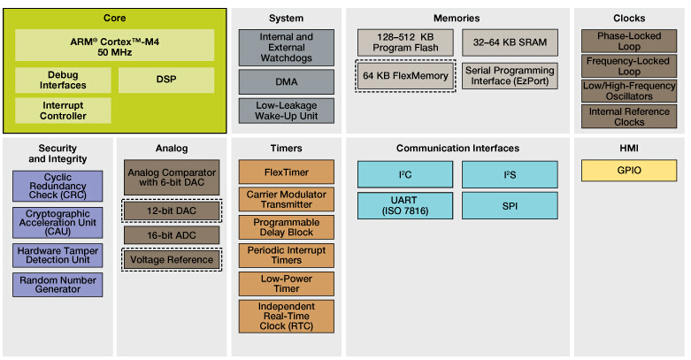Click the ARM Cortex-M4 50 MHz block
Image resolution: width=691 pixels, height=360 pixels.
114,45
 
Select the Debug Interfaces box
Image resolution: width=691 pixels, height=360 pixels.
63,80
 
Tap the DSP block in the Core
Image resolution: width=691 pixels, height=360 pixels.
166,80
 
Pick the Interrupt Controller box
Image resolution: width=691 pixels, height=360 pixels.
63,111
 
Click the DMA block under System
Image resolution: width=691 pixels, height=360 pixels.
286,82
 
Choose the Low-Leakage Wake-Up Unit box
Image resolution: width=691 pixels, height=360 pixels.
286,111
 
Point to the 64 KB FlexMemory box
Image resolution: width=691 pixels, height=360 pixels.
404,75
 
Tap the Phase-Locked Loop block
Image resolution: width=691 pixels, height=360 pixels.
628,41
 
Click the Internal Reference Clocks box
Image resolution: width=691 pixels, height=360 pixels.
628,116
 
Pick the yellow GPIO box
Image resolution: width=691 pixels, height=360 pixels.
628,171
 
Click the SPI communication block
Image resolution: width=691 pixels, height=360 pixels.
509,207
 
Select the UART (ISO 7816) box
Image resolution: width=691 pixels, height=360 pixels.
404,207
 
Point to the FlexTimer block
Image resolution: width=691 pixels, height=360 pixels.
286,172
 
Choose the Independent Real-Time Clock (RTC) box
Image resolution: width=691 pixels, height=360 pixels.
286,317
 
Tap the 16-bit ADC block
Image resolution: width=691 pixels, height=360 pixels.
172,235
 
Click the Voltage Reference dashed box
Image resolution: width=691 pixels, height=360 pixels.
172,260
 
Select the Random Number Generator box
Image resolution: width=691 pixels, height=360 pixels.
58,285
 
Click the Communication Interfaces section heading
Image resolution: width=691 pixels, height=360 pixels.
457,149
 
